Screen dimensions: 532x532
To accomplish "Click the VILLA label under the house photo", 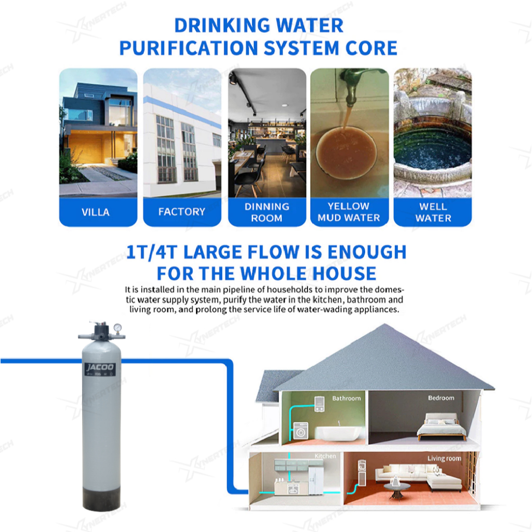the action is point(96,212).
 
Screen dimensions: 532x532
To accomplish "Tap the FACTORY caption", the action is point(182,212).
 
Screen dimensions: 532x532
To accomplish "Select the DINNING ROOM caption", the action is point(267,212).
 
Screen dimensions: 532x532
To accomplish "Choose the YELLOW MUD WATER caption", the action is point(349,212).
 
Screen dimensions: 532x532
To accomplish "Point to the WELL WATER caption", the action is point(433,212).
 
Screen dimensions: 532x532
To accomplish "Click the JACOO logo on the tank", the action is point(100,367).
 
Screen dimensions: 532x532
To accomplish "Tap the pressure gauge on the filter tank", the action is point(118,328).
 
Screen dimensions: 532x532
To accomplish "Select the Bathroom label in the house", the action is point(347,398).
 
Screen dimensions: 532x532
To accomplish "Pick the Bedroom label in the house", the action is point(441,398).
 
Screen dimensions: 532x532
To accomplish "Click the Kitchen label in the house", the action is point(325,456).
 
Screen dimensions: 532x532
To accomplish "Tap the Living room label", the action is point(445,459).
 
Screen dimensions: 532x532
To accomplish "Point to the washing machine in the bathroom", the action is point(301,431).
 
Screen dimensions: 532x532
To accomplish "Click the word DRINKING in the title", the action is point(222,25).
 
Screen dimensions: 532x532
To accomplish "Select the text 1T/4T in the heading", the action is point(152,252).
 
